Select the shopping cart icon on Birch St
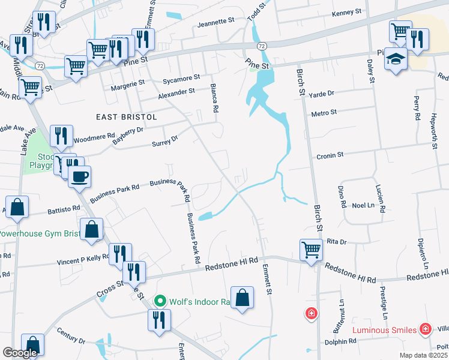[x=311, y=249]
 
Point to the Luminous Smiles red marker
[x=425, y=329]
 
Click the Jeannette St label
[x=216, y=20]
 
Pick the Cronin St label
[x=330, y=155]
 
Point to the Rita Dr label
[x=337, y=241]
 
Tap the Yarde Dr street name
[x=322, y=93]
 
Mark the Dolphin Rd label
[x=342, y=341]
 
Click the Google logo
[x=20, y=353]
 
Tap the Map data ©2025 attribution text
[x=423, y=355]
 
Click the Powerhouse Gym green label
[x=38, y=233]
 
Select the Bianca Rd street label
[x=213, y=98]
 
